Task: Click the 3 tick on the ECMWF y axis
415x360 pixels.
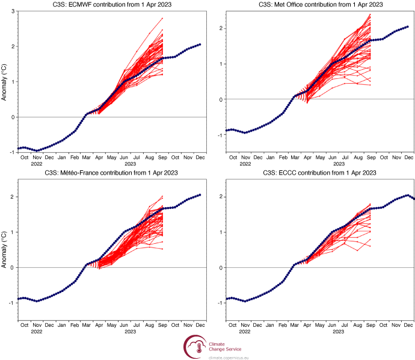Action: [x=13, y=11]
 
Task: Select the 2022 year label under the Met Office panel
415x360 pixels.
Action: [x=245, y=164]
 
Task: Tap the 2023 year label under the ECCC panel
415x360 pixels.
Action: [x=339, y=331]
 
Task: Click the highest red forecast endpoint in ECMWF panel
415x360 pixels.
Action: [x=162, y=18]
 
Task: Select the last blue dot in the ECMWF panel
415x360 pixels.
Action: [x=200, y=44]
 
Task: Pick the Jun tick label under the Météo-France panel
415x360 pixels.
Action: [x=124, y=325]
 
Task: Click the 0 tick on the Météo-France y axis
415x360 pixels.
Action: [x=13, y=267]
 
